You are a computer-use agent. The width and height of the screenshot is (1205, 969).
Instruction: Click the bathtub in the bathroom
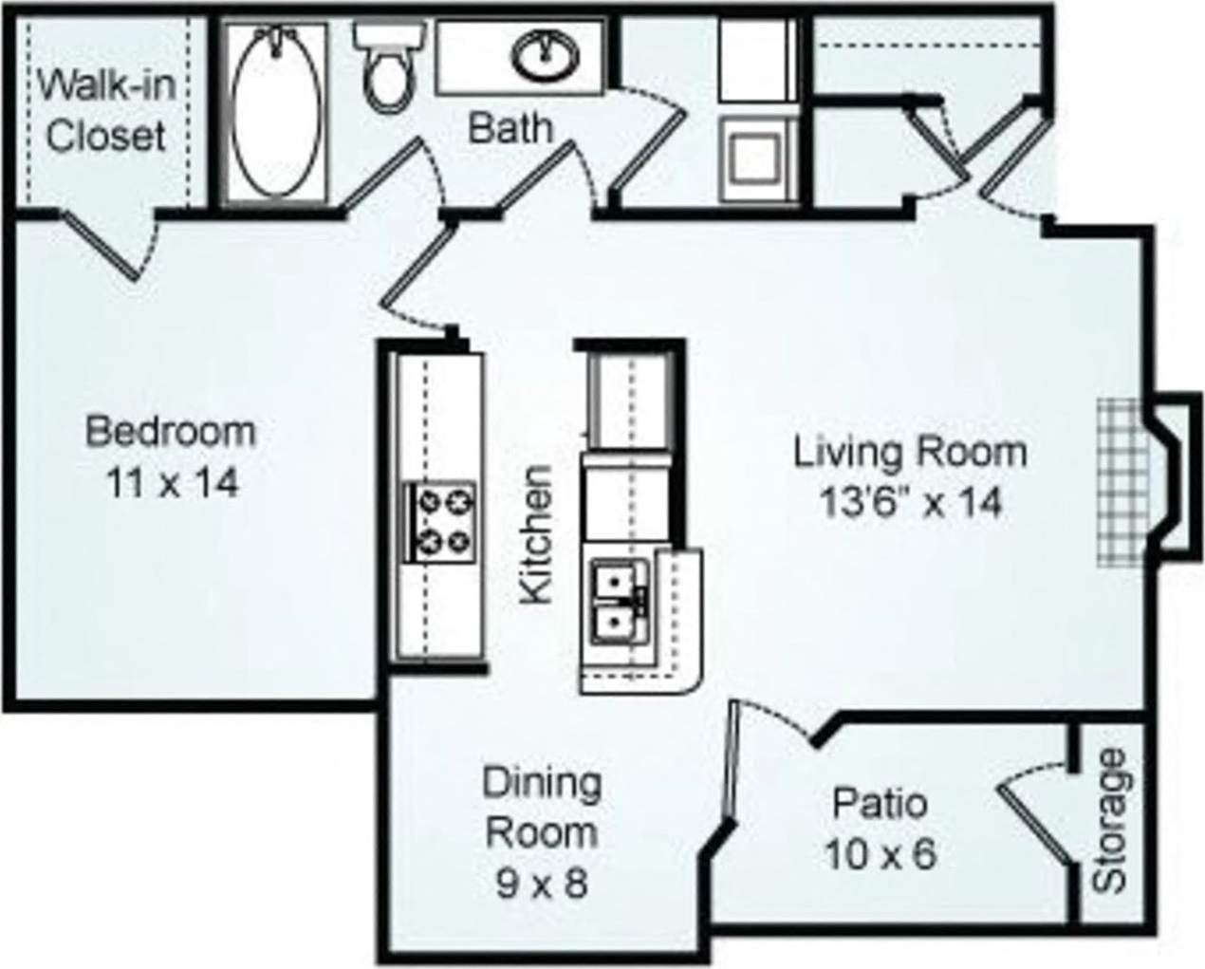coord(276,109)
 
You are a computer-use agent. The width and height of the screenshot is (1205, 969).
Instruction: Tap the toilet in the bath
coord(386,70)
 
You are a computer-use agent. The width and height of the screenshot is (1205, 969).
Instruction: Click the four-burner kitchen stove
coord(440,520)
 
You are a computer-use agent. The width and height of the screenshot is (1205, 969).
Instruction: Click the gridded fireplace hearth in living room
coord(1122,482)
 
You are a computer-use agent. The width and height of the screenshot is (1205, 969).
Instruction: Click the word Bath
coord(510,127)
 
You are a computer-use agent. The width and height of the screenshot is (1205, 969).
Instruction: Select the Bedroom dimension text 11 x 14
coord(171,484)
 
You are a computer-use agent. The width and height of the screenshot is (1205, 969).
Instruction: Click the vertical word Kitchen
coord(536,534)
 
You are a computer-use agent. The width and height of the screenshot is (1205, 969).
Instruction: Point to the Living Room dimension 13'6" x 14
coord(910,502)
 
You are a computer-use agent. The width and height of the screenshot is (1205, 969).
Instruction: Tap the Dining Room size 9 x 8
coord(542,883)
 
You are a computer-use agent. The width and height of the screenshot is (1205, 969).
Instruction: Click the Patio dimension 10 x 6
coord(880,855)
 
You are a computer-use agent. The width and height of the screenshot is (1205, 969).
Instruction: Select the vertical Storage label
coord(1109,822)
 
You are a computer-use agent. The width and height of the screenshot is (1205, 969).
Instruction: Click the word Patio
coord(880,804)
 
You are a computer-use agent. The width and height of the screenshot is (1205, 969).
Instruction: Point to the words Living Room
coord(910,452)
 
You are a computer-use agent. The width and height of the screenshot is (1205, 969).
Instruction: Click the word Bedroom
coord(171,432)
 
